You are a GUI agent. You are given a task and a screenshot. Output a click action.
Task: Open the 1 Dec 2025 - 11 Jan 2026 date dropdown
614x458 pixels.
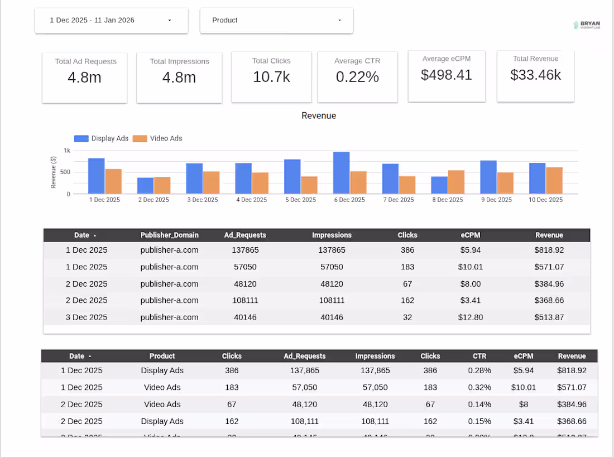pos(111,21)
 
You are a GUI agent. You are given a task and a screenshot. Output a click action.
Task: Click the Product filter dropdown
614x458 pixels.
pos(276,21)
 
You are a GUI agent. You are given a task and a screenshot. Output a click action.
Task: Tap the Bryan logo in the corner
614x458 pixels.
pos(587,25)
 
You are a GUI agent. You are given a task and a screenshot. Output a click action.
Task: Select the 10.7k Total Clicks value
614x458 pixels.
pos(271,77)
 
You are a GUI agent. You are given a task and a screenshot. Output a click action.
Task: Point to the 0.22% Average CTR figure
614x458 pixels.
pos(357,77)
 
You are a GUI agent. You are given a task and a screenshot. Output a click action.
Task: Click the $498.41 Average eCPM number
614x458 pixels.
pos(446,75)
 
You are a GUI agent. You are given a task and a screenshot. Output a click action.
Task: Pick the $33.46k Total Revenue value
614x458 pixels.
pos(535,75)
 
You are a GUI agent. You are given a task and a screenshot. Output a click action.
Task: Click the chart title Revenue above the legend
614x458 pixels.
pos(319,116)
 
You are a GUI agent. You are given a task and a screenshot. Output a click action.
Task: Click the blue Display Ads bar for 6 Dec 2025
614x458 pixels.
pos(341,173)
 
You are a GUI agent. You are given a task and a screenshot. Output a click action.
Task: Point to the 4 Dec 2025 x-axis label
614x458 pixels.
pos(251,200)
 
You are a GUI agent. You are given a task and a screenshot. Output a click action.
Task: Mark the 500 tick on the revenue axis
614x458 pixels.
pos(66,172)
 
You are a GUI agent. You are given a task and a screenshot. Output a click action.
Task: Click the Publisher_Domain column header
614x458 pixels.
pos(169,235)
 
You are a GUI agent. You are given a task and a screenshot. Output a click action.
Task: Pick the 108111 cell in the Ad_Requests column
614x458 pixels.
pos(245,301)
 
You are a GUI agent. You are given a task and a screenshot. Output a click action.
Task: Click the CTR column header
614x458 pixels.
pos(479,356)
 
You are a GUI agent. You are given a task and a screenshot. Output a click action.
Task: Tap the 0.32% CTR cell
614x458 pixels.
pos(479,387)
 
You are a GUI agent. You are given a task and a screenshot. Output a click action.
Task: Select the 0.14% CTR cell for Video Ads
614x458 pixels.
pos(479,404)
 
